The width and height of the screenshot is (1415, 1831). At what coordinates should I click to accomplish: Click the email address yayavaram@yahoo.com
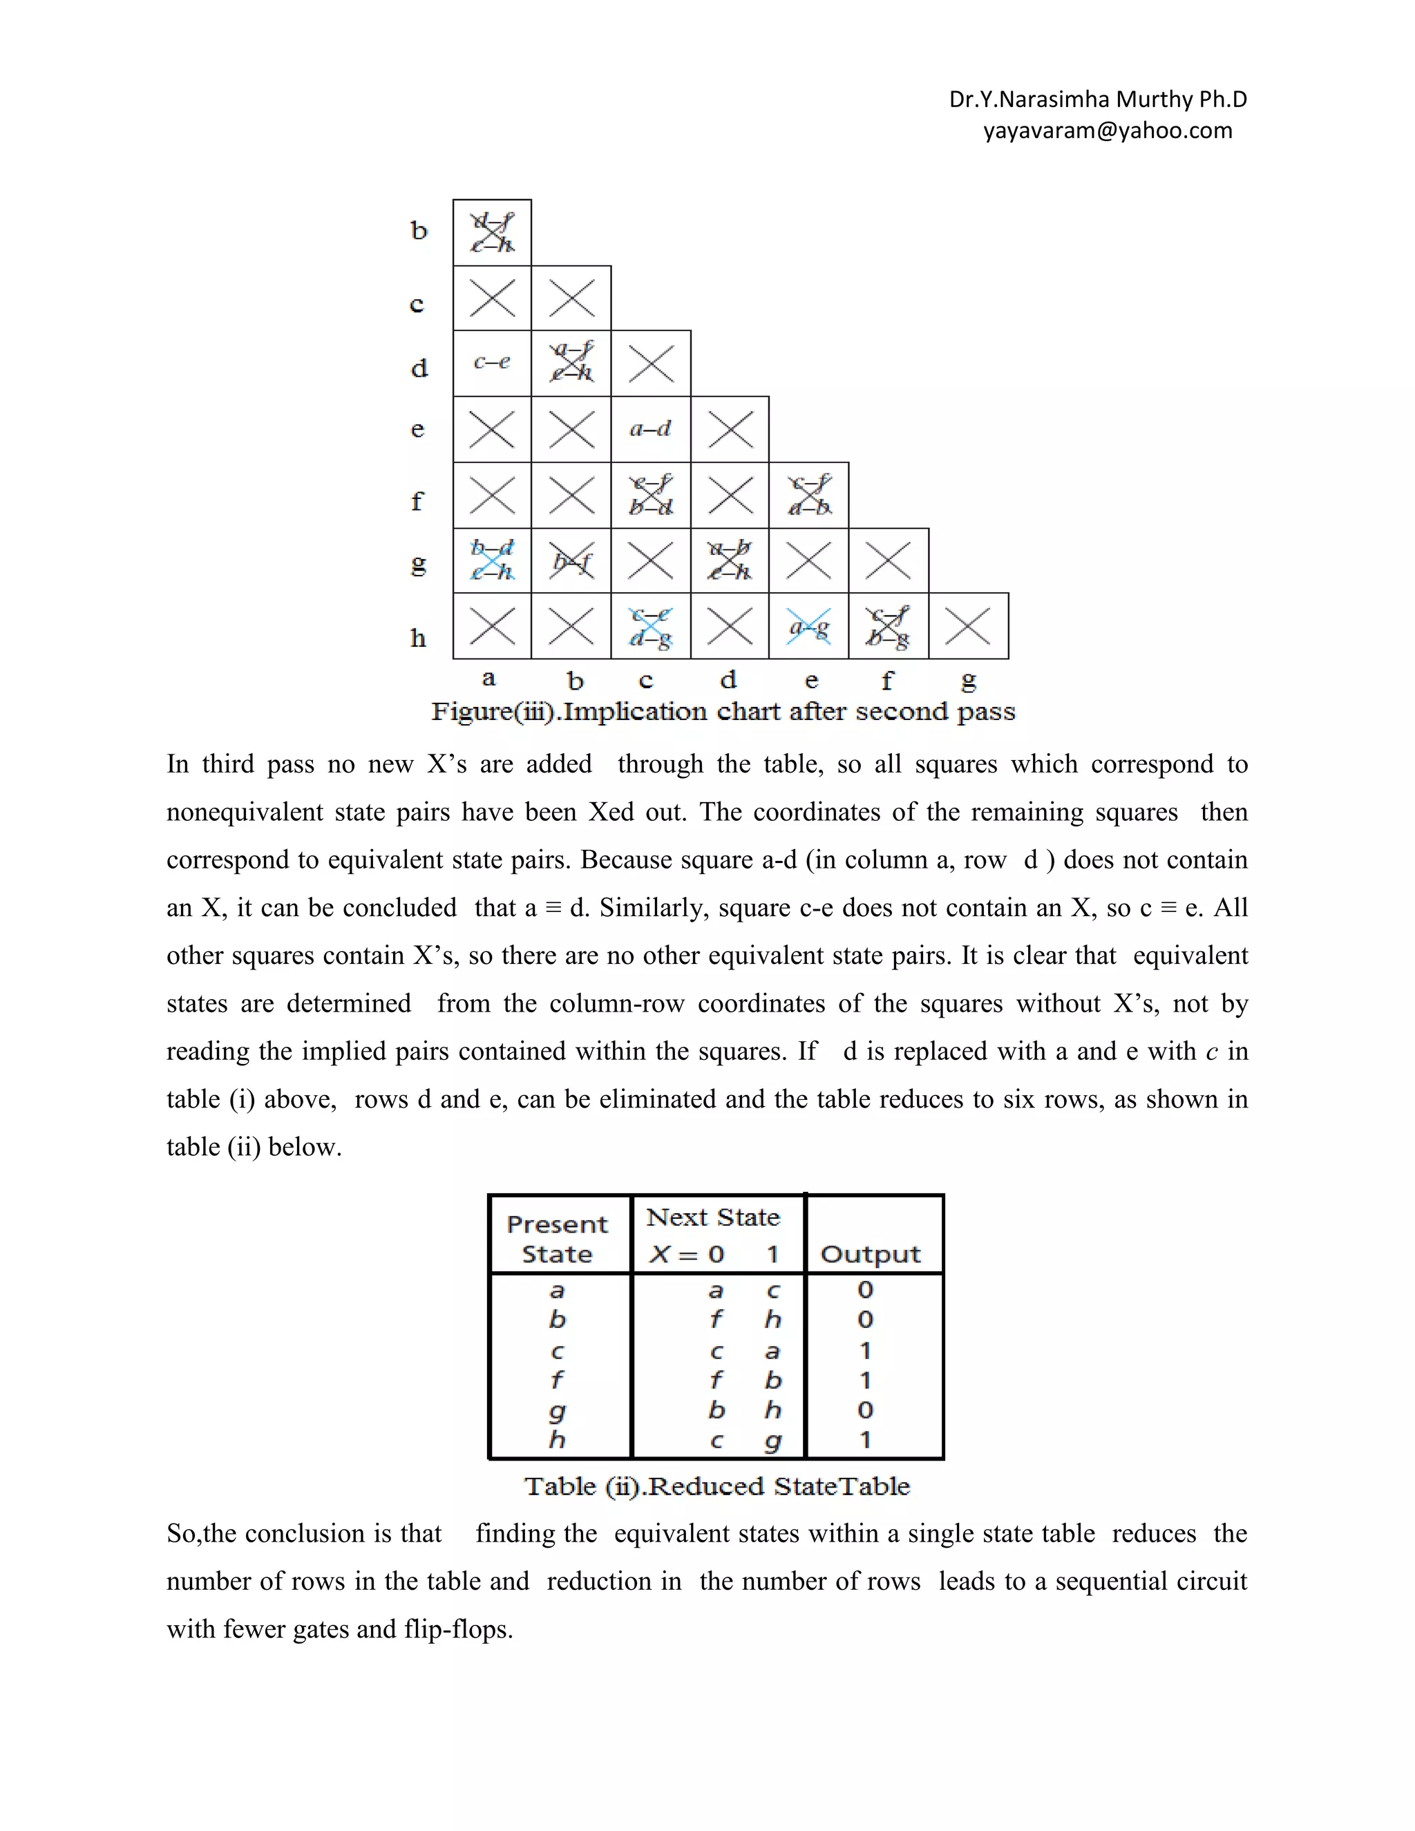click(1108, 131)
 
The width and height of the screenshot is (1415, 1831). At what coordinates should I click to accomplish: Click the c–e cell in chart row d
click(492, 362)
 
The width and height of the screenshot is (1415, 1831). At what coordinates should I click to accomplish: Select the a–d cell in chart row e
click(650, 429)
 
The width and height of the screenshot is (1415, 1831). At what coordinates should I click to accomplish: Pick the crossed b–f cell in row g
click(571, 560)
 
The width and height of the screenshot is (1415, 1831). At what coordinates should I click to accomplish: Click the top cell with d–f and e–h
click(492, 233)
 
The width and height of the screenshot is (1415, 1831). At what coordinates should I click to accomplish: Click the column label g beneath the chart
click(968, 681)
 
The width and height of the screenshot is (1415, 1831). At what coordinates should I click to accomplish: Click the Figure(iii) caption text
click(723, 712)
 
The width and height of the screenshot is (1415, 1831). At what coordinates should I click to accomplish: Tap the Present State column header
click(558, 1238)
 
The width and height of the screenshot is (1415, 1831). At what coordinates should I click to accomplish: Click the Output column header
click(870, 1253)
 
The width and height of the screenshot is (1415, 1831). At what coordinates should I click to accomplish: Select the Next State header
click(713, 1217)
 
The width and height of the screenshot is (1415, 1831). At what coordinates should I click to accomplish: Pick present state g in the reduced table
click(557, 1411)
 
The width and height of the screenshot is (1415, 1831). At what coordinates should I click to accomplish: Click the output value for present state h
click(865, 1441)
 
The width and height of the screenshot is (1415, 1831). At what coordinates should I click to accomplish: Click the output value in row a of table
click(865, 1290)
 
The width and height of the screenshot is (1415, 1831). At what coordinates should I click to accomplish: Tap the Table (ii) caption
click(716, 1486)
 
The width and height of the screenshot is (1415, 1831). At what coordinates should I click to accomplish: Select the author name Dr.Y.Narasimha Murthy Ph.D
click(1097, 99)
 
